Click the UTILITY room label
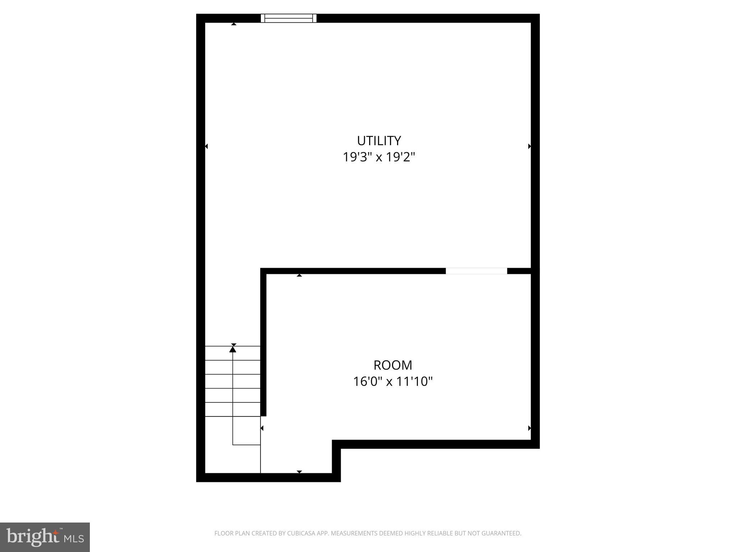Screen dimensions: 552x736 (379, 141)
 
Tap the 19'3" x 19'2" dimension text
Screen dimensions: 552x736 (379, 157)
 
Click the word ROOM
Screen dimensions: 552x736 (393, 365)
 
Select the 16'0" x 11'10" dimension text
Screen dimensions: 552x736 (393, 382)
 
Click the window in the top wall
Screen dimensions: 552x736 (289, 18)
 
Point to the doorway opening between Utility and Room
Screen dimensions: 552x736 (476, 271)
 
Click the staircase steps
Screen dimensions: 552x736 (233, 381)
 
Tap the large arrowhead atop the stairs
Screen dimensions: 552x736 (233, 349)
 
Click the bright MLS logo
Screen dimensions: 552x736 (45, 537)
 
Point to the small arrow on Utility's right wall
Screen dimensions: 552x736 (529, 146)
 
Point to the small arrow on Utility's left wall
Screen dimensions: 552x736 (206, 146)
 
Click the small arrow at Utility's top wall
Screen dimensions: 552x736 (234, 24)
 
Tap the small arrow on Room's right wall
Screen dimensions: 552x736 (529, 428)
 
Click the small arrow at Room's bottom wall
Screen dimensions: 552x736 (299, 472)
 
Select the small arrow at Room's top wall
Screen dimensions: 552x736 (299, 275)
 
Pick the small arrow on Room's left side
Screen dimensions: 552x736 (262, 428)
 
